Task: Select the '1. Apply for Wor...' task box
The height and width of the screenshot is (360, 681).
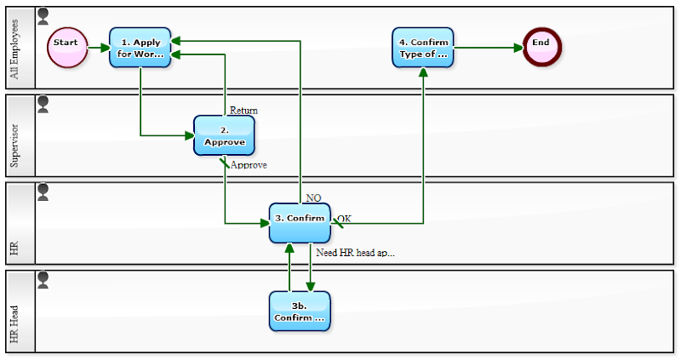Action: click(140, 48)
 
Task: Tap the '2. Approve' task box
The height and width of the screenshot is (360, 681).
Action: click(224, 135)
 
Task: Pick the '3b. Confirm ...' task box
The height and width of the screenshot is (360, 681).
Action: click(300, 311)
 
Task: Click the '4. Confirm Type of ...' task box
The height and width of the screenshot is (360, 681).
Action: click(423, 48)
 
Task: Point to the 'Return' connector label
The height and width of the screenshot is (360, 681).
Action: click(243, 111)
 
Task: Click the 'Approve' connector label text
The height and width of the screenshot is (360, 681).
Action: click(249, 165)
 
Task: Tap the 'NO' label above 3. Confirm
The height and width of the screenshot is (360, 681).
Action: click(313, 197)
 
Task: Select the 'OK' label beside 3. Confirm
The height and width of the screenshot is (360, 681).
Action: click(344, 219)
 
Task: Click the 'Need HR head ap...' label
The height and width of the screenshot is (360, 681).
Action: click(355, 253)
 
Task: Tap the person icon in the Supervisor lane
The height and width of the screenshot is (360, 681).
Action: click(43, 104)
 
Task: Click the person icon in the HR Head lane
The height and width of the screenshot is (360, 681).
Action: click(43, 280)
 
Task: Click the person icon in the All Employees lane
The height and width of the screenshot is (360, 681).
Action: click(43, 16)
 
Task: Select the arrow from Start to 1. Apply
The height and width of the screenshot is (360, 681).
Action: click(98, 48)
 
